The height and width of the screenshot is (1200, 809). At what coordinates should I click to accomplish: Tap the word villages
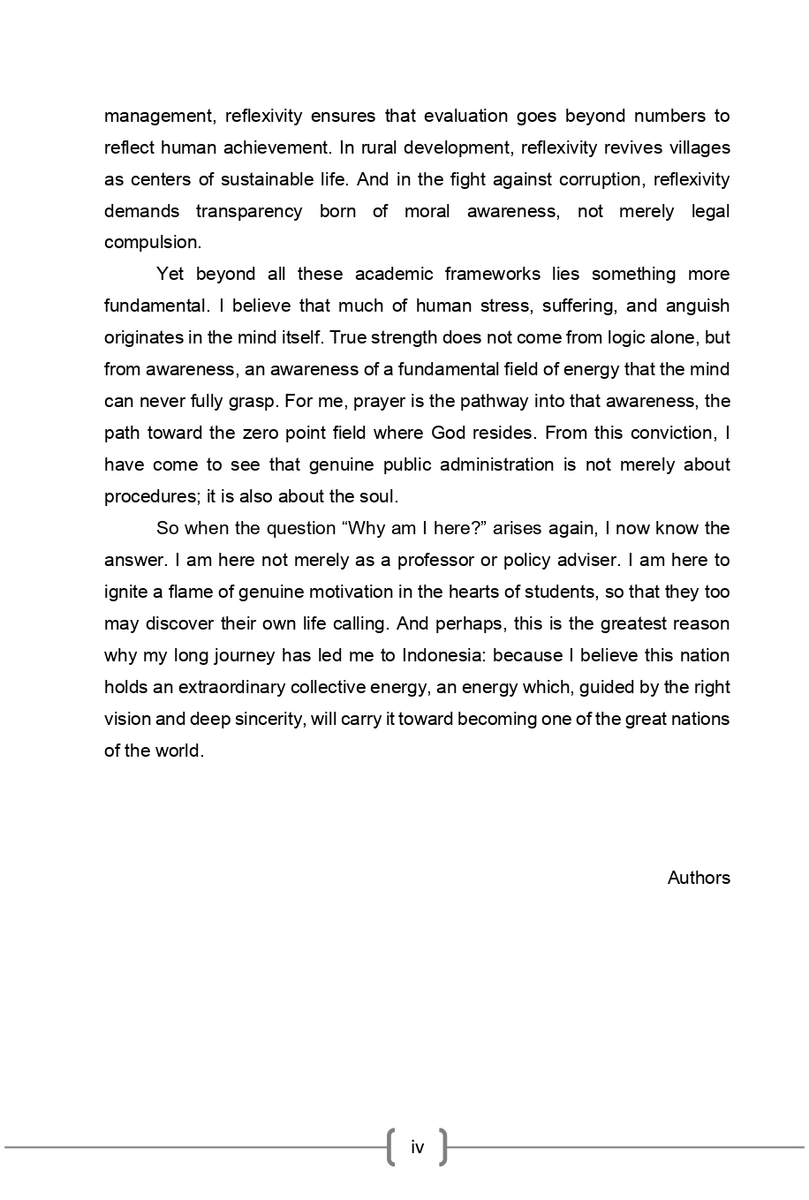[699, 147]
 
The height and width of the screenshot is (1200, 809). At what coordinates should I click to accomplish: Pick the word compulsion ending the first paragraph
[152, 243]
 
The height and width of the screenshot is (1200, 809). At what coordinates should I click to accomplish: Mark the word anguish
[699, 306]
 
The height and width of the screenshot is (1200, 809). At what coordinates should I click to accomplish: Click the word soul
[380, 497]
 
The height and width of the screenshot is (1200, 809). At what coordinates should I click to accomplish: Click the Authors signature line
[699, 878]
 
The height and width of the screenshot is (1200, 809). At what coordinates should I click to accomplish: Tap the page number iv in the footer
[417, 1148]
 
